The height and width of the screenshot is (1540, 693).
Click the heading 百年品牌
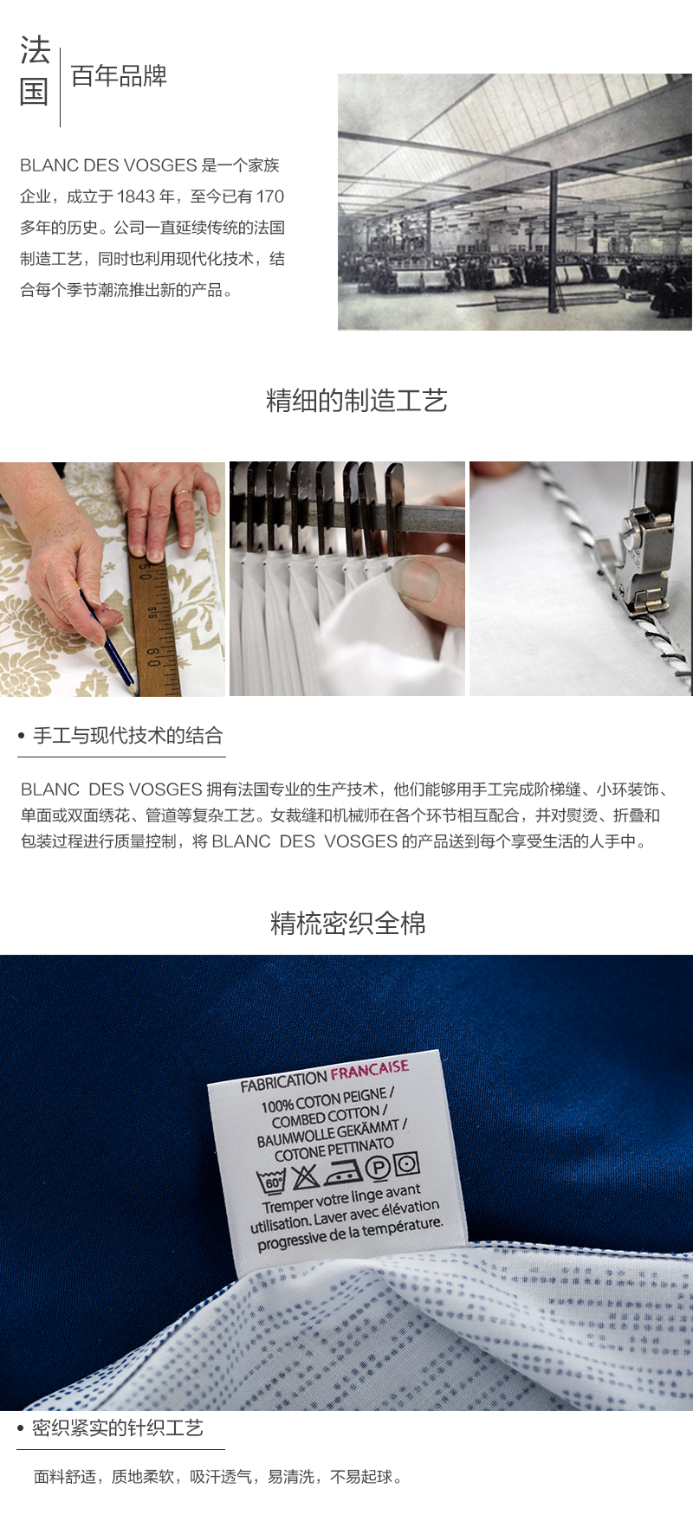[x=119, y=76]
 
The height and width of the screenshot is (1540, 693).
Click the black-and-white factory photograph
[x=515, y=202]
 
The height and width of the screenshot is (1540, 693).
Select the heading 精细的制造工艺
[x=356, y=401]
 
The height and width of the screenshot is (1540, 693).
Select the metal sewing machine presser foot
[x=643, y=563]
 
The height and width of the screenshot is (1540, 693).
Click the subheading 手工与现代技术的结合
[x=127, y=736]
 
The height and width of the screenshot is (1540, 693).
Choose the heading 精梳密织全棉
[x=347, y=924]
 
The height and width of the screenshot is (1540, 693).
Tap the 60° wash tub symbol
[x=271, y=1182]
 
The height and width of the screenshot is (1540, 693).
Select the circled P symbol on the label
[x=378, y=1167]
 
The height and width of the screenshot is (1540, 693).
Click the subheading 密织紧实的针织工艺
[x=117, y=1427]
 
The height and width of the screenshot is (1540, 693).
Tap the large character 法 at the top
[x=36, y=50]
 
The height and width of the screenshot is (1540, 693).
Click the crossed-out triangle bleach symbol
[x=305, y=1176]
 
